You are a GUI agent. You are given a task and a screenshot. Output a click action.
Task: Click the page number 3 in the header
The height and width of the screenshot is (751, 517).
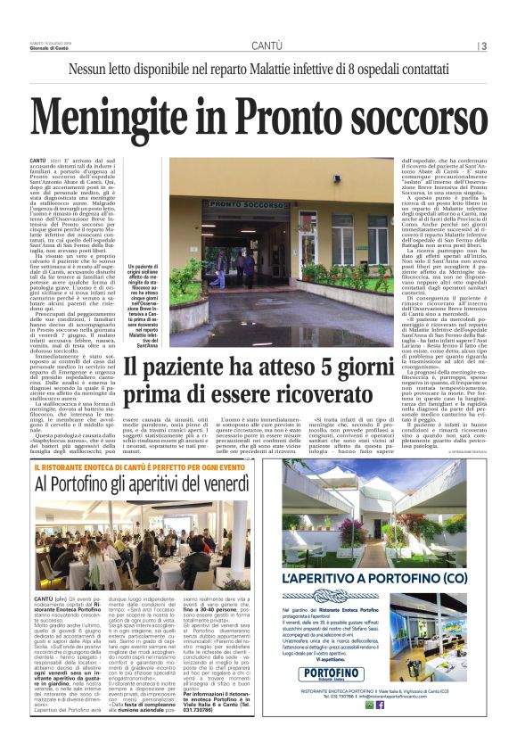pyautogui.click(x=484, y=45)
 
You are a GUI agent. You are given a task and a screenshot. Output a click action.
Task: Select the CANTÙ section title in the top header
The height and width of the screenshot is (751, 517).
pyautogui.click(x=267, y=45)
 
